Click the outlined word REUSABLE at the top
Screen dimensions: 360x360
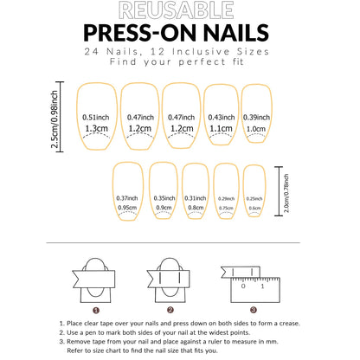pyautogui.click(x=180, y=11)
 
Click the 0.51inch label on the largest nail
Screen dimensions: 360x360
pyautogui.click(x=96, y=117)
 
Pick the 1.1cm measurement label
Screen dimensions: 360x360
pyautogui.click(x=221, y=127)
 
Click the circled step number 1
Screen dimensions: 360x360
pyautogui.click(x=96, y=309)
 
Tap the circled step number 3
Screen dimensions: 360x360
pyautogui.click(x=252, y=309)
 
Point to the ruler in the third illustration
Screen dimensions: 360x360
pyautogui.click(x=260, y=281)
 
